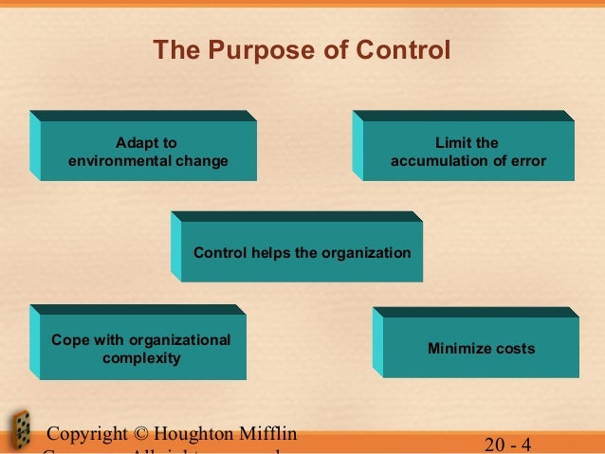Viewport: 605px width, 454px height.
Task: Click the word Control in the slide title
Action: click(398, 49)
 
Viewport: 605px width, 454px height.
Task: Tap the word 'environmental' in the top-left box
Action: click(115, 161)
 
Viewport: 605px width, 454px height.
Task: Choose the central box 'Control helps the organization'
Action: click(302, 252)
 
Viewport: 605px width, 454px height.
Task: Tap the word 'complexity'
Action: click(141, 359)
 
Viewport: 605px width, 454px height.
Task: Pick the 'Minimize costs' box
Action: click(481, 348)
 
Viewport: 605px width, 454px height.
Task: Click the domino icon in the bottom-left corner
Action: click(18, 431)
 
